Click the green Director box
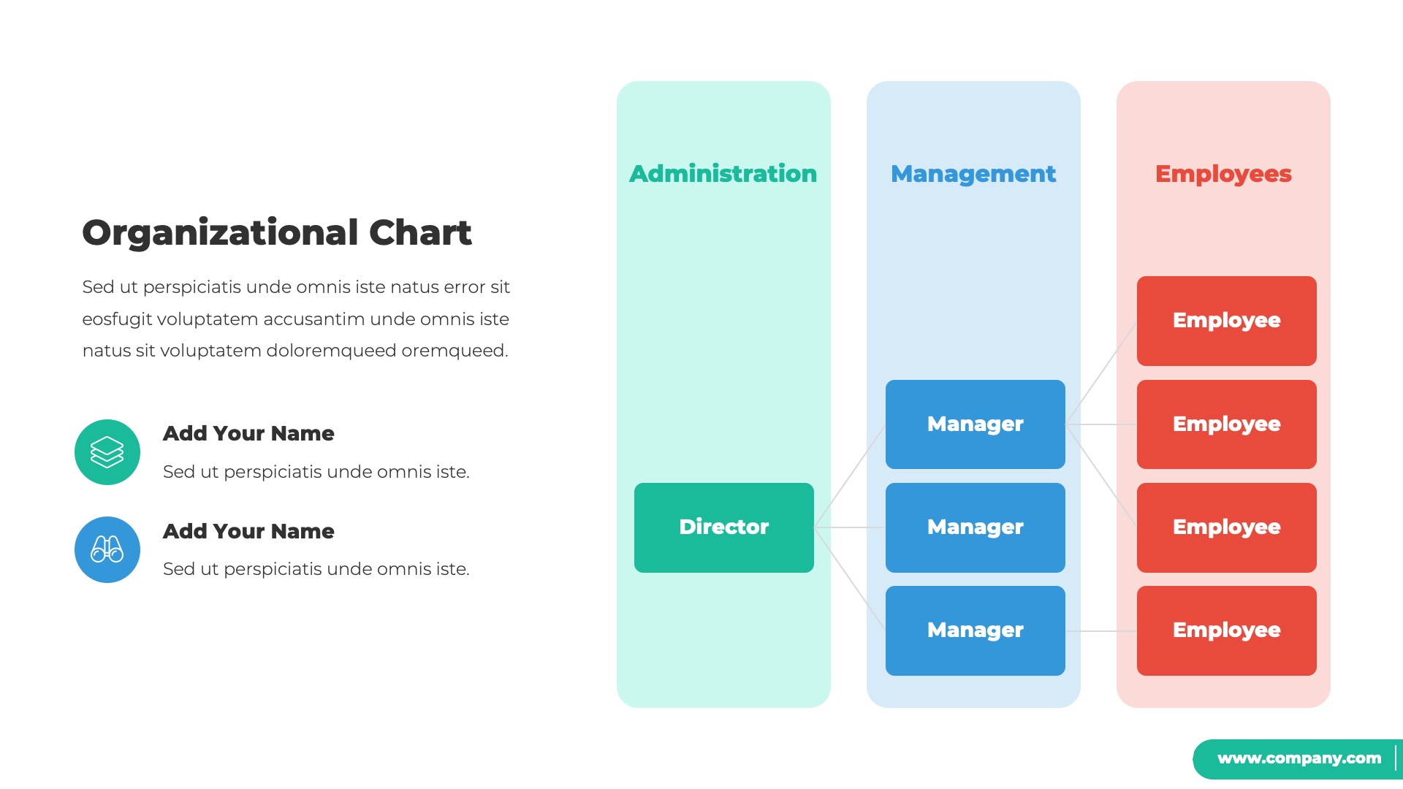(x=723, y=527)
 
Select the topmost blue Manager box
(x=975, y=424)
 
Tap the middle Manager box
(x=975, y=527)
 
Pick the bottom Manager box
(x=975, y=630)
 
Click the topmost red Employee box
(x=1226, y=321)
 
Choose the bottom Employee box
(x=1226, y=630)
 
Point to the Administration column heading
(x=723, y=174)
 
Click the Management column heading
(x=973, y=174)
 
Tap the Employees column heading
(x=1223, y=174)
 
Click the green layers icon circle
(x=107, y=452)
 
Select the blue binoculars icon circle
(x=107, y=549)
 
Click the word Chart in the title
(x=420, y=232)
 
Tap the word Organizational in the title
(x=220, y=232)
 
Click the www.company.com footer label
(x=1299, y=758)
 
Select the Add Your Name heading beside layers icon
(x=248, y=433)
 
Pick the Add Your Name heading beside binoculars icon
(x=248, y=531)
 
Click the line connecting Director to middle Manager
(x=850, y=527)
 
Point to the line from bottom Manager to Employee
(x=1100, y=630)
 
